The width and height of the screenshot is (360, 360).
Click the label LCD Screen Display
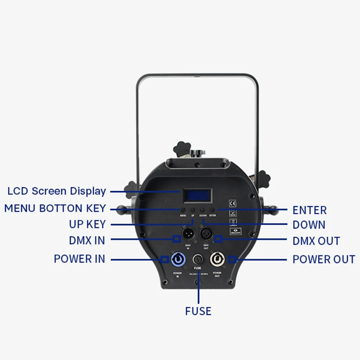tap(57, 191)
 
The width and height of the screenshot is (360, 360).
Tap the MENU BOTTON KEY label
tap(55, 208)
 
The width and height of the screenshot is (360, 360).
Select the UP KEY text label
tap(87, 224)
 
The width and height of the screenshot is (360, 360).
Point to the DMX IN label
tap(87, 240)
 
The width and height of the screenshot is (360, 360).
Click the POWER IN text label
tap(79, 259)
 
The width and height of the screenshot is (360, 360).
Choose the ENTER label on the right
tap(310, 210)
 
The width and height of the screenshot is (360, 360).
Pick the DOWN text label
tap(309, 225)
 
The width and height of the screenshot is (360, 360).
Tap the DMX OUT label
tap(316, 241)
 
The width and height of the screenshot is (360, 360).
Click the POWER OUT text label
tap(324, 259)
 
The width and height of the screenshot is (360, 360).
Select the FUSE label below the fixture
tap(198, 311)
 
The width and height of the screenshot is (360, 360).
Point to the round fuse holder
tap(198, 260)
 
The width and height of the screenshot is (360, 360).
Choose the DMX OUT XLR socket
tap(207, 234)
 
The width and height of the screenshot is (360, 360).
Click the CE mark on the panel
tap(233, 202)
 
